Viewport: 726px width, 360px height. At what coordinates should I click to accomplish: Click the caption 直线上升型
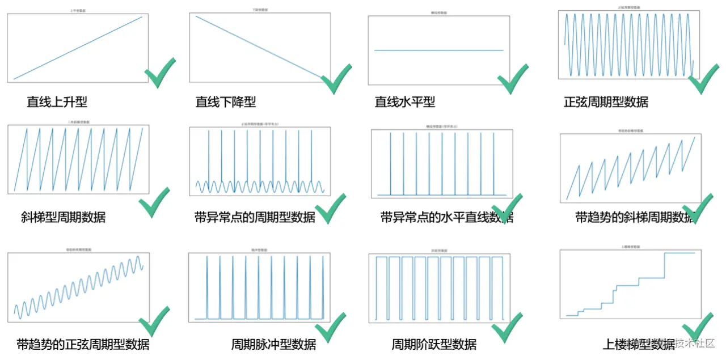click(x=57, y=102)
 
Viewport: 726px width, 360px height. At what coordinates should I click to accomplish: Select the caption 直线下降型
click(x=226, y=102)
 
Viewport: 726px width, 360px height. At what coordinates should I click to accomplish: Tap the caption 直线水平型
click(x=405, y=102)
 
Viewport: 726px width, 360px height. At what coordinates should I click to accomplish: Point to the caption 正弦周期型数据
click(x=606, y=102)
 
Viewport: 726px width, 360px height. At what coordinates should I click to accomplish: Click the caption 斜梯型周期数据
click(x=62, y=217)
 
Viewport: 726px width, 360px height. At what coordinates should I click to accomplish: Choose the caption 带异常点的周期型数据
click(x=254, y=217)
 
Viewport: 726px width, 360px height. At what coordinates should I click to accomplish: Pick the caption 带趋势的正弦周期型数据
click(x=83, y=344)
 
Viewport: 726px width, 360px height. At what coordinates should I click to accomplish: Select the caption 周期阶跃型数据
click(x=434, y=344)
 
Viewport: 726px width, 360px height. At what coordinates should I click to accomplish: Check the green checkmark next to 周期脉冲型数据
click(x=330, y=327)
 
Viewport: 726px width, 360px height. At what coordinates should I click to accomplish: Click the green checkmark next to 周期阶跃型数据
click(x=506, y=327)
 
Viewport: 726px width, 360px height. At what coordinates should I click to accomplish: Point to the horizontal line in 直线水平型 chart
click(x=438, y=50)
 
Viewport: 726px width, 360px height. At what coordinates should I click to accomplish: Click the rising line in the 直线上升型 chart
click(x=78, y=48)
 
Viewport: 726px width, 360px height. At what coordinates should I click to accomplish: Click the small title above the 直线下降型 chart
click(x=260, y=10)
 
